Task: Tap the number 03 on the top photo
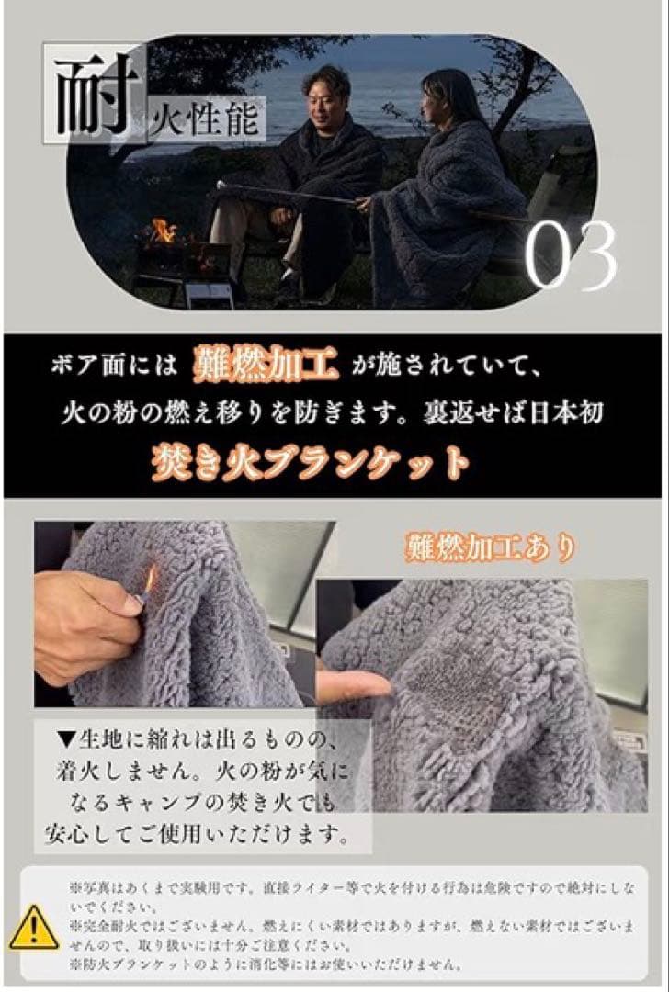[571, 255]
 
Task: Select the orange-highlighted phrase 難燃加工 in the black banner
[266, 365]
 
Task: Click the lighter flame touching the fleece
[151, 579]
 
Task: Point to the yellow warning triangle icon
[34, 928]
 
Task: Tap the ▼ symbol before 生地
[67, 738]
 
